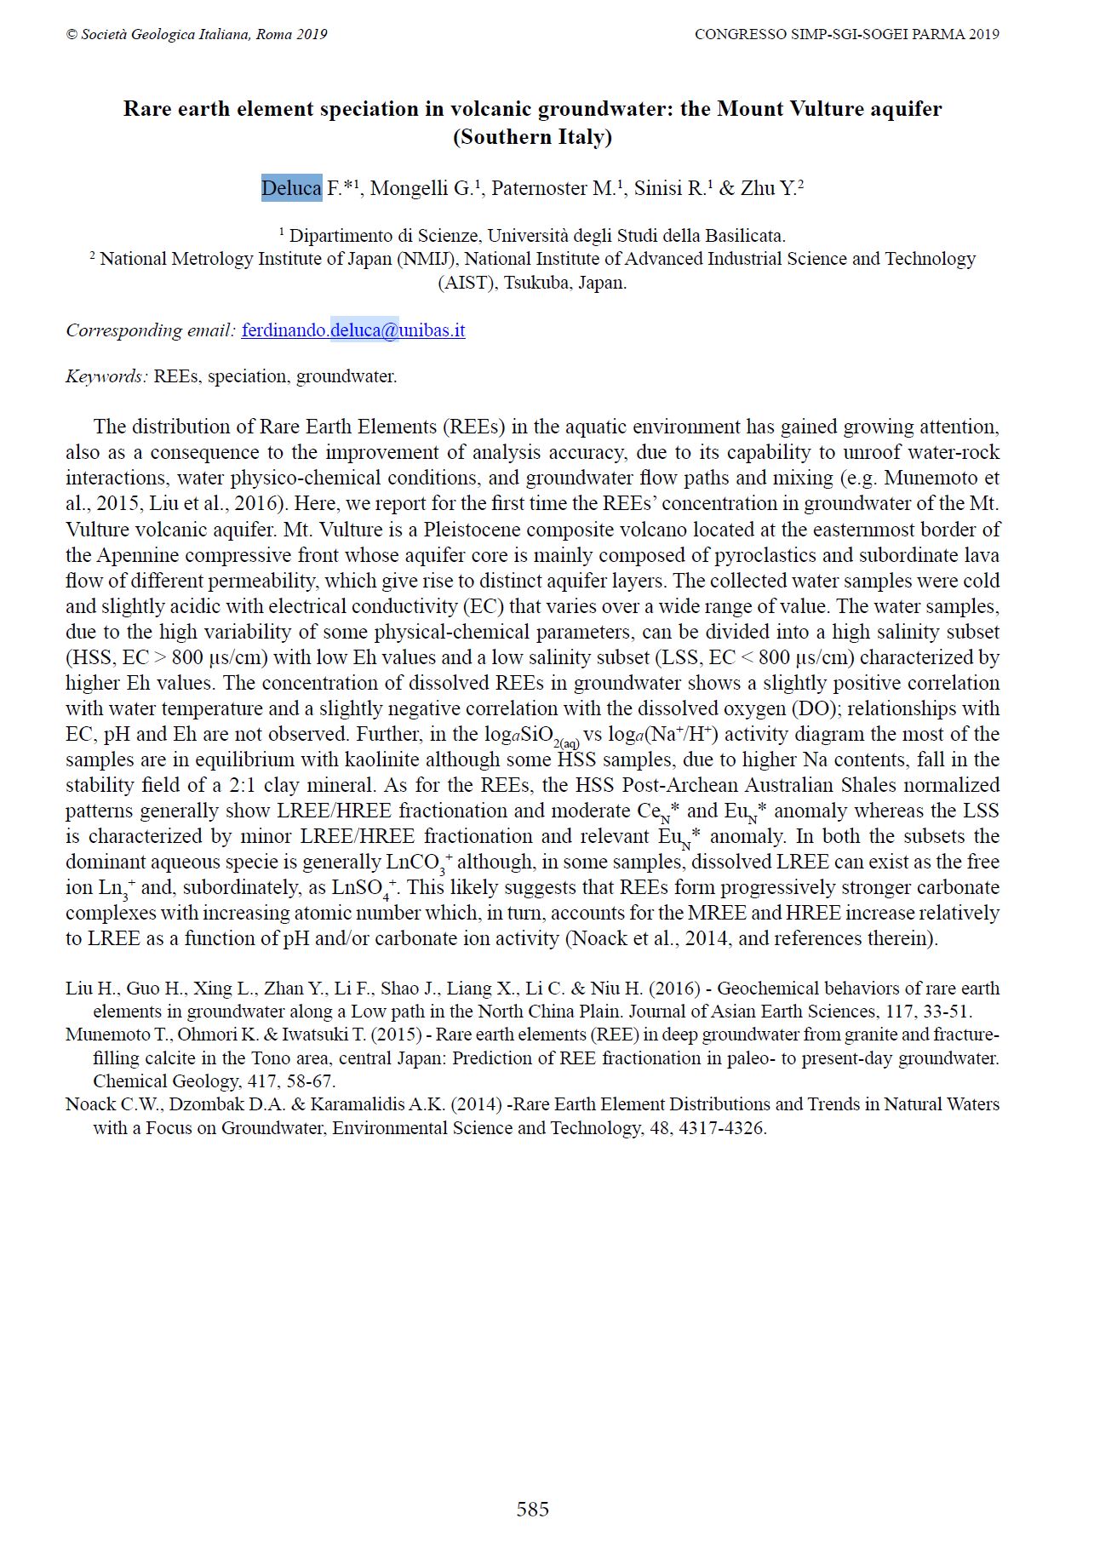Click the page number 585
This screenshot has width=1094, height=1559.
click(532, 1509)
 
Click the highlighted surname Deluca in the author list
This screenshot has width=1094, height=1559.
click(291, 188)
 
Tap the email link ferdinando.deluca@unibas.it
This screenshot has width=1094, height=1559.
click(353, 330)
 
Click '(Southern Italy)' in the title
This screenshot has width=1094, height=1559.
click(532, 137)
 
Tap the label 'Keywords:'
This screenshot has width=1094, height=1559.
click(107, 376)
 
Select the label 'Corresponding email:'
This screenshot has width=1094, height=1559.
click(151, 330)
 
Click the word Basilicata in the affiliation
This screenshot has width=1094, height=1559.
click(741, 236)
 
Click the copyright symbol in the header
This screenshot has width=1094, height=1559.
click(72, 35)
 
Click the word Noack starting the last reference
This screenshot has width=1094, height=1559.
click(90, 1104)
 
